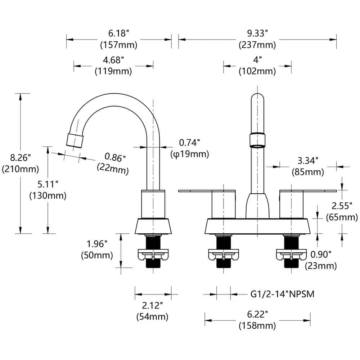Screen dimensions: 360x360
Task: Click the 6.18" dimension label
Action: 119,33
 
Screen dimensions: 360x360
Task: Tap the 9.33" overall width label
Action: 257,33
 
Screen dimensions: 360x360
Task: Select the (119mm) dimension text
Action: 113,71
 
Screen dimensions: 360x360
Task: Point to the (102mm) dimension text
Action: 257,71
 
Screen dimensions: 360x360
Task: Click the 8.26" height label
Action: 21,158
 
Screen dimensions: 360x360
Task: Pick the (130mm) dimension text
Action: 48,195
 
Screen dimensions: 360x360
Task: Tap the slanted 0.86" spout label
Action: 115,158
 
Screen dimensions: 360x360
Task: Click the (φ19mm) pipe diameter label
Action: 190,154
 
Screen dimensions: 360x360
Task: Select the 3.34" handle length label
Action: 308,161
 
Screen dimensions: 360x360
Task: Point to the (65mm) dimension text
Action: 342,217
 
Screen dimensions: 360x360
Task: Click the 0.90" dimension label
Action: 321,255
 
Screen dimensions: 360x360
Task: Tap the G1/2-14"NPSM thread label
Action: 282,294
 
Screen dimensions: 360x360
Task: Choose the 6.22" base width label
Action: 257,314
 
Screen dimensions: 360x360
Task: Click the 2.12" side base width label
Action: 152,306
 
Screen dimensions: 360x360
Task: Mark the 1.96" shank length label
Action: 97,244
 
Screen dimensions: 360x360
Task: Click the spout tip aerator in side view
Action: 75,140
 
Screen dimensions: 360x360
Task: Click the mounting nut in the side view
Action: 153,255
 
